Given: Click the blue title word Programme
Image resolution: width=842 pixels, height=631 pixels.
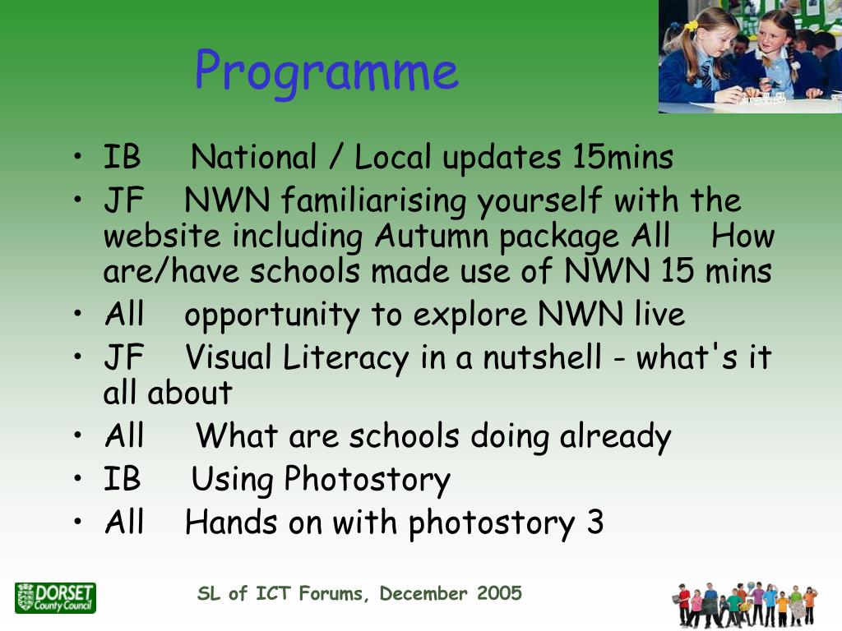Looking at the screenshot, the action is [326, 72].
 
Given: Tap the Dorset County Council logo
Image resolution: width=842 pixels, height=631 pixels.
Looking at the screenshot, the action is [55, 598].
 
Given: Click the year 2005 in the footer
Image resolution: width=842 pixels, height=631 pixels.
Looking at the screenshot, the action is [499, 593].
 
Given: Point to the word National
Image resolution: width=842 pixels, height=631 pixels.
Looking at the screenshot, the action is [253, 157].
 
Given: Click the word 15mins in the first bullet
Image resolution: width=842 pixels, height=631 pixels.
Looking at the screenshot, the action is [622, 157].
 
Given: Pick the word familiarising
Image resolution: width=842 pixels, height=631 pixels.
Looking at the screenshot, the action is [374, 200].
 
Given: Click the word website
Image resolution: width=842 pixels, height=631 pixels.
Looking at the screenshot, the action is [162, 236].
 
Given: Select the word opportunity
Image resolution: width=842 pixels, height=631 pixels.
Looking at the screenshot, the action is [272, 315].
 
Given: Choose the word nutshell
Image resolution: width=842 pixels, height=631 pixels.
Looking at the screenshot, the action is [543, 357].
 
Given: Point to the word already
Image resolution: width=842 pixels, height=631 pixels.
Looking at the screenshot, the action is [615, 437].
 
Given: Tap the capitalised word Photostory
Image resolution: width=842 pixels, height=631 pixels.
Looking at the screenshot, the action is [368, 479].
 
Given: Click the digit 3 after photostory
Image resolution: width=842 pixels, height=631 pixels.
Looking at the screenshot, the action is [595, 523].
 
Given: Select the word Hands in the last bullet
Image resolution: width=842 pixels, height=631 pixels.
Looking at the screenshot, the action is [231, 523].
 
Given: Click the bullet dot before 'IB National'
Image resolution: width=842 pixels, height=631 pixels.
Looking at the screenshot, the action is [78, 157].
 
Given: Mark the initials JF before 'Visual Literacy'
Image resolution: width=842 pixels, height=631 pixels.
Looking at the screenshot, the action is [124, 357].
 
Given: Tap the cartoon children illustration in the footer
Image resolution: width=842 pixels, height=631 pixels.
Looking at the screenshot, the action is [744, 604].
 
